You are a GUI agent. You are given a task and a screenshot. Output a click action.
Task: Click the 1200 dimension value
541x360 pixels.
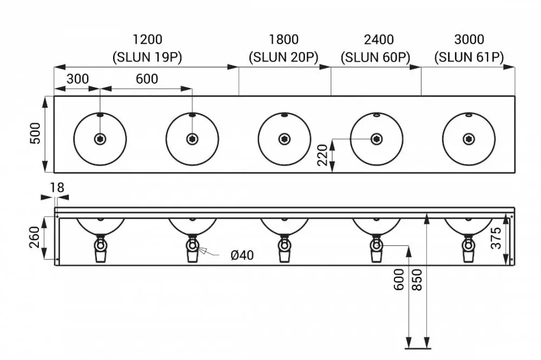click(147, 39)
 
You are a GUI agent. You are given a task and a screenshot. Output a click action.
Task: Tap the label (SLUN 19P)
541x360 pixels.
click(147, 57)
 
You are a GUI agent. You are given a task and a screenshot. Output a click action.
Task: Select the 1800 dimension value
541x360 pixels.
click(283, 39)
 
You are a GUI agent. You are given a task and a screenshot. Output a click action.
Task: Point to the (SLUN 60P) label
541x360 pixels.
click(375, 57)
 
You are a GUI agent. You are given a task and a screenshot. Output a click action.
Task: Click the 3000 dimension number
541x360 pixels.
click(469, 39)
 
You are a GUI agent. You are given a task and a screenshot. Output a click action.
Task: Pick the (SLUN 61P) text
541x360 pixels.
click(469, 57)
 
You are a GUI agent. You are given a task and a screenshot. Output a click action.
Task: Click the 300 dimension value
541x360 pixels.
click(77, 79)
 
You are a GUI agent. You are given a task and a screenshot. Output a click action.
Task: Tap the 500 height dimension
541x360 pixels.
click(35, 133)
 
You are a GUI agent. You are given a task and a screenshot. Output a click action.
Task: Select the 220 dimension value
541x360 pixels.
click(322, 155)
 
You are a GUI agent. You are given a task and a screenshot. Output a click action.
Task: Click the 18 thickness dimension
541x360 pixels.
click(57, 188)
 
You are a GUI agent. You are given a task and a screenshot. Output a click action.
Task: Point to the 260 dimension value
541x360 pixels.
click(35, 237)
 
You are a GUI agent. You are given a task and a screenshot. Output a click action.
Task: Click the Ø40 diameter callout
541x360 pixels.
click(242, 255)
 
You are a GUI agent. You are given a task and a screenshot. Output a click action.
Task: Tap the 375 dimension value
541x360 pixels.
click(496, 238)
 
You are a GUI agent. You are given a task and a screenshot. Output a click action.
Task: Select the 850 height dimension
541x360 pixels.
click(417, 279)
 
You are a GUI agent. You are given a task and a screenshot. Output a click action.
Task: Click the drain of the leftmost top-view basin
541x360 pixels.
click(100, 139)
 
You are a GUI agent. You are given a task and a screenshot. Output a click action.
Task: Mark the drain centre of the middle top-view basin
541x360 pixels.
click(285, 139)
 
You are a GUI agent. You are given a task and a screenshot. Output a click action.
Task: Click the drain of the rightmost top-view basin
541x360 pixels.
click(469, 139)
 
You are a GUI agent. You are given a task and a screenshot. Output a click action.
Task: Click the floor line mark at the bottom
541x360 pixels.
click(418, 349)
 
